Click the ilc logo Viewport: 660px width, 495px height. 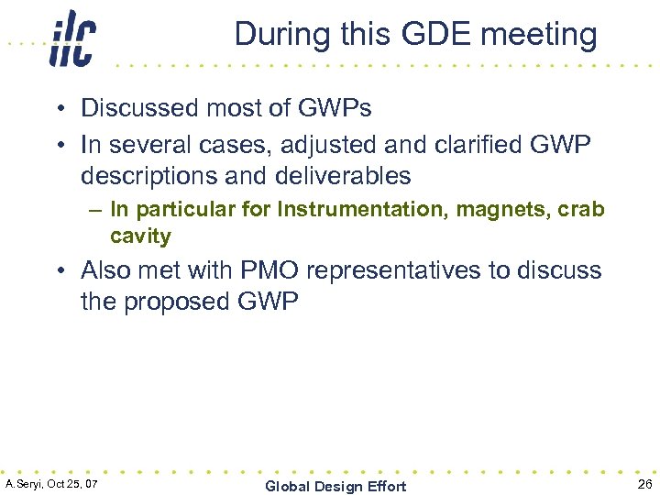click(x=72, y=38)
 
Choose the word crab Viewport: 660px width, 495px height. click(x=581, y=209)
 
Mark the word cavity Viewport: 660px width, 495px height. click(x=140, y=236)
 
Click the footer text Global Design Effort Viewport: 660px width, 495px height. click(x=335, y=486)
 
